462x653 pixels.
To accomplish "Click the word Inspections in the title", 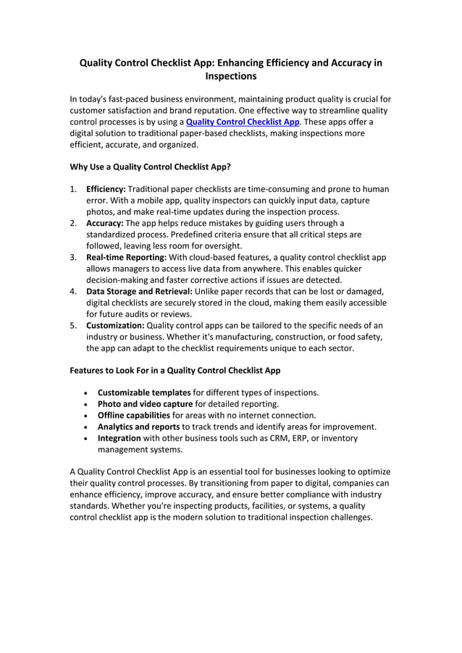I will click(x=231, y=75).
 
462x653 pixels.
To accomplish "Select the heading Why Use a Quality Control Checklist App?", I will click(x=150, y=167).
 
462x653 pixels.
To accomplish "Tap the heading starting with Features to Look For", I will click(x=175, y=370).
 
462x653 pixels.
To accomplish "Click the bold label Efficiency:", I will click(x=106, y=189).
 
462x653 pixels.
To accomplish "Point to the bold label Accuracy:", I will click(x=105, y=223).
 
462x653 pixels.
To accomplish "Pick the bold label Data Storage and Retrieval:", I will click(x=139, y=291).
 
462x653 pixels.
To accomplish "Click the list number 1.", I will click(x=73, y=189).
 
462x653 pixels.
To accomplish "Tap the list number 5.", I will click(x=73, y=325).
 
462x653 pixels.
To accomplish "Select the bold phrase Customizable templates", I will click(x=144, y=392).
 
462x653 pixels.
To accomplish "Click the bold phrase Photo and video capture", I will click(x=145, y=404).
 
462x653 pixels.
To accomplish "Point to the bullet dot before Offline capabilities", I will click(x=87, y=416).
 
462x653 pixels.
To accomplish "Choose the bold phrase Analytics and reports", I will click(x=138, y=426).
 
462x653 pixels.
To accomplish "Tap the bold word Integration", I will click(x=119, y=438).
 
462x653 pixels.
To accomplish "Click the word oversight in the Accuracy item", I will click(x=219, y=245).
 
